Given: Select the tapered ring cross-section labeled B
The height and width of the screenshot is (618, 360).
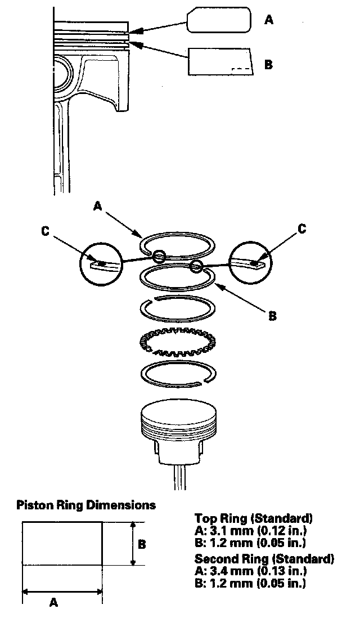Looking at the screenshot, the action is tap(220, 60).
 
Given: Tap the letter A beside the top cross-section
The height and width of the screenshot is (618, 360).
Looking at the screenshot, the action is tap(268, 20).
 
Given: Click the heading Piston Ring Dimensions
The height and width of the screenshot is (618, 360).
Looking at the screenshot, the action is tap(86, 504).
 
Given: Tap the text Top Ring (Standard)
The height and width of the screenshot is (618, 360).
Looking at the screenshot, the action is tap(254, 518).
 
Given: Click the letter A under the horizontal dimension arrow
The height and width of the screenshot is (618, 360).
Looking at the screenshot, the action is tap(54, 603).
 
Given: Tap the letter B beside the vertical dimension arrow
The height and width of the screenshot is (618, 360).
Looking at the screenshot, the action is tap(142, 544).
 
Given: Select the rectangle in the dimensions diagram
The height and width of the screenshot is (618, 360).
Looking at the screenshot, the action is tap(62, 544).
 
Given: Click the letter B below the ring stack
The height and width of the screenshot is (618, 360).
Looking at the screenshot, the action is tap(272, 316).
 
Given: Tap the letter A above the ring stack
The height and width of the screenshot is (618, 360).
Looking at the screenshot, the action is tap(97, 207).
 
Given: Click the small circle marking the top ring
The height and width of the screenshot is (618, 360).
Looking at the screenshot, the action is tap(159, 257).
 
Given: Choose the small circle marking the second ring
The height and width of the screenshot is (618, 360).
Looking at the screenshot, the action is tap(197, 266).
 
